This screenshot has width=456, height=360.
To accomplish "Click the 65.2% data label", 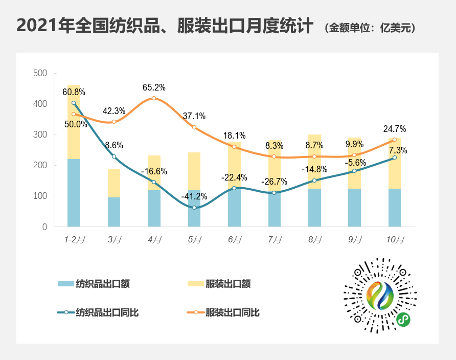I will pos(154,87).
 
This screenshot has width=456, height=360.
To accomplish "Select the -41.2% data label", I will pos(194,196).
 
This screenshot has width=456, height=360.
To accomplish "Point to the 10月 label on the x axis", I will pos(395,239).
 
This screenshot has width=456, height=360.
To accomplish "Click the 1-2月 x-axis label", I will pos(74,239).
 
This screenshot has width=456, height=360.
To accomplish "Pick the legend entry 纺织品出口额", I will pos(103,284).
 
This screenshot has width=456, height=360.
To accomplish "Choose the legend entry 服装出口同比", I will pos(233,312).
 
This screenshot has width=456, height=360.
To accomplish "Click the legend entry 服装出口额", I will pos(227,284).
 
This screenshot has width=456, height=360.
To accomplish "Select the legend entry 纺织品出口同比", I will pos(107,312).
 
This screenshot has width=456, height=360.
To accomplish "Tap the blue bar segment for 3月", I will pos(114,212).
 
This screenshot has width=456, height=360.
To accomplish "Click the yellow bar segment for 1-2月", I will pos(74,122).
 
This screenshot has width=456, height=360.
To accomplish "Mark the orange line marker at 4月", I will pos(154,98).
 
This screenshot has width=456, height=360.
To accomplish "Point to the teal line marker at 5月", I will pos(194,208).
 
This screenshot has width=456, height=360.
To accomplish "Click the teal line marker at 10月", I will pos(394,157).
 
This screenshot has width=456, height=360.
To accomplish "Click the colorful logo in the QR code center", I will pos(380,296).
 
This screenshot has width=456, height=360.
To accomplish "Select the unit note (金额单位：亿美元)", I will pos(370,28).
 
